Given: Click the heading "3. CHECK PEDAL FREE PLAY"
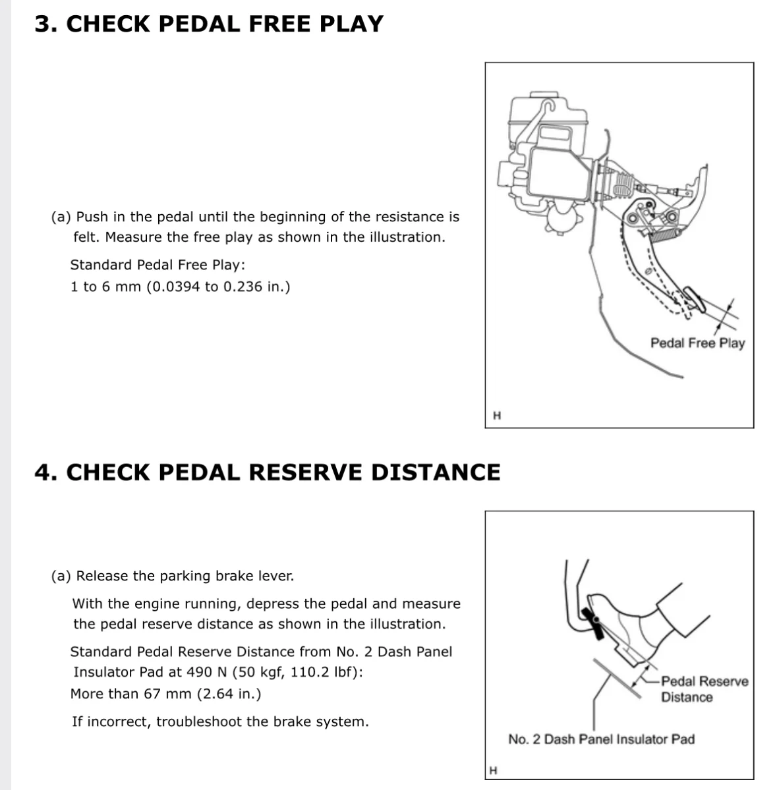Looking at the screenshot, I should click(x=208, y=24).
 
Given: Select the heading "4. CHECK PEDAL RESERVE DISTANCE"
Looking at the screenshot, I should click(x=267, y=472).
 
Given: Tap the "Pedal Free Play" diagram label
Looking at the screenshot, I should click(x=697, y=343).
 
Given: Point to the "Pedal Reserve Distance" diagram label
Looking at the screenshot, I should click(x=704, y=689).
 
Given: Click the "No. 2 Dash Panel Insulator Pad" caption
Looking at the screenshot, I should click(x=601, y=739).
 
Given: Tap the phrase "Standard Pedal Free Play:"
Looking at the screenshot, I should click(x=158, y=265).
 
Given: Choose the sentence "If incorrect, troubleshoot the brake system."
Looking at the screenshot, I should click(x=220, y=721).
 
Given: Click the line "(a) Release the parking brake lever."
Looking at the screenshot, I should click(x=173, y=576).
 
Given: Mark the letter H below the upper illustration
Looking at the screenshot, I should click(x=497, y=416).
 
